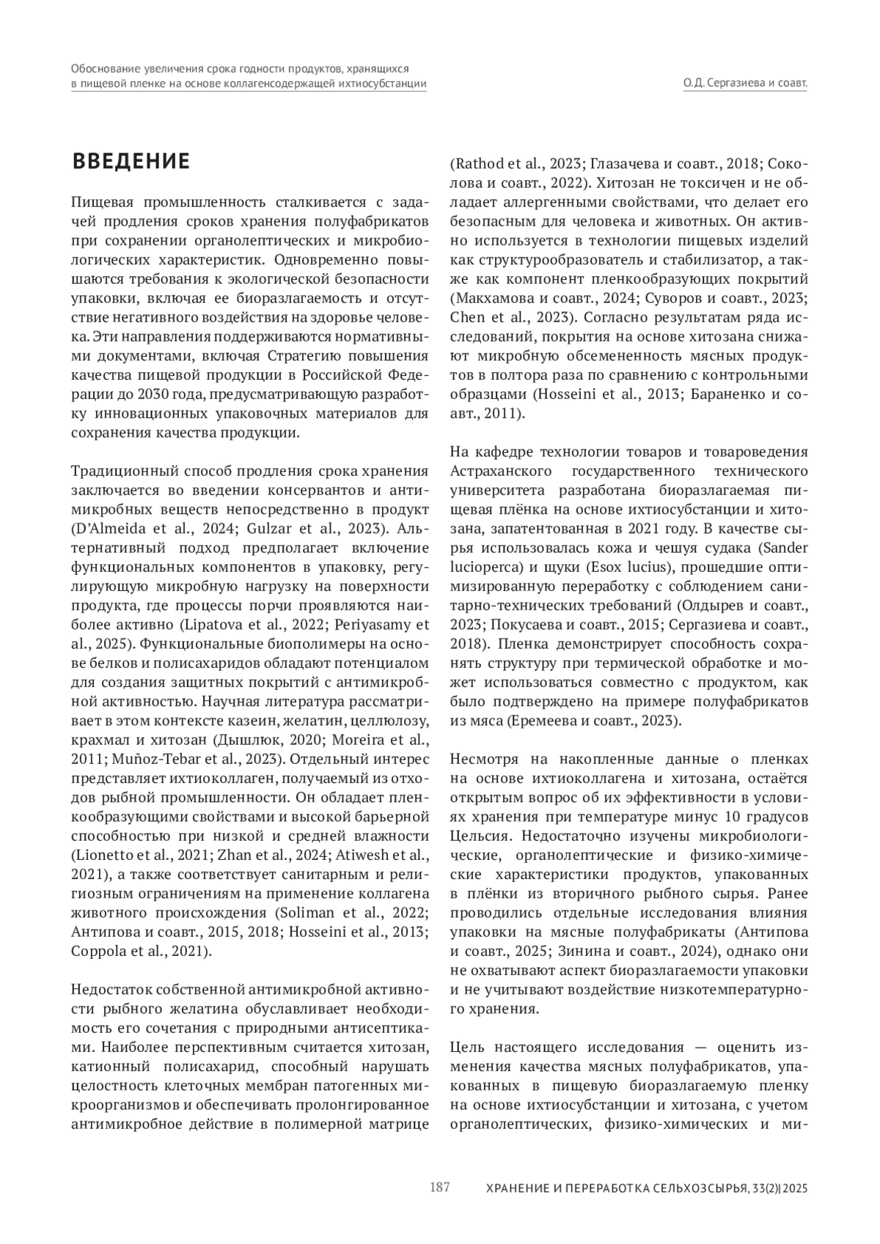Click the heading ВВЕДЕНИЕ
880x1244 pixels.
pyautogui.click(x=131, y=161)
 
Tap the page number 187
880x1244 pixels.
pyautogui.click(x=439, y=1187)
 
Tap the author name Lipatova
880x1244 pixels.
pyautogui.click(x=208, y=625)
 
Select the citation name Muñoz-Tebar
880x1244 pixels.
pyautogui.click(x=139, y=759)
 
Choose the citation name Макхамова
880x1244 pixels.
pyautogui.click(x=488, y=298)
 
